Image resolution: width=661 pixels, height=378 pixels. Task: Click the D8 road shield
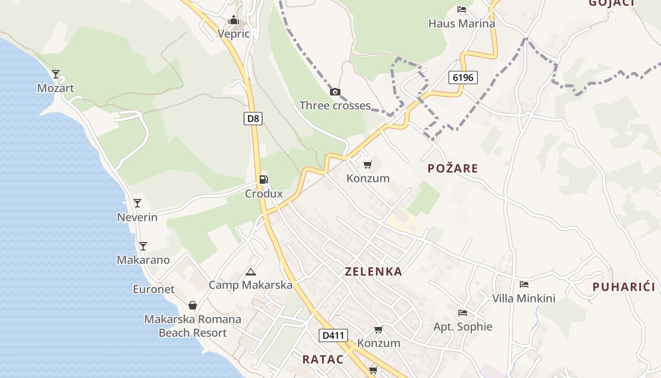(253, 119)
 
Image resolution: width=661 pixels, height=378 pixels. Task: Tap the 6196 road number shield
(462, 77)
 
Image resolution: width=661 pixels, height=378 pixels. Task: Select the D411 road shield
(333, 336)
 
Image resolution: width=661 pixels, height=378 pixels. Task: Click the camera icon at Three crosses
(335, 92)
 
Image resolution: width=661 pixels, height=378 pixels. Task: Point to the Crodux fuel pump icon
(263, 180)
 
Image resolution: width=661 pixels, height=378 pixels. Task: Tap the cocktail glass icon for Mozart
(56, 74)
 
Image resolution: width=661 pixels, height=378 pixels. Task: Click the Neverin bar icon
(137, 203)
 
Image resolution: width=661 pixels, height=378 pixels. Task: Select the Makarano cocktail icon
(143, 246)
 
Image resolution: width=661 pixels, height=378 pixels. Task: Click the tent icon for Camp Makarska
(251, 271)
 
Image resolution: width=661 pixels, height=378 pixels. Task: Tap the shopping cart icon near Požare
(367, 164)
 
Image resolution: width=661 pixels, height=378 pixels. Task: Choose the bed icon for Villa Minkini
(524, 284)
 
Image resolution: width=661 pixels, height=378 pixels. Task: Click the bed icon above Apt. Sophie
(463, 313)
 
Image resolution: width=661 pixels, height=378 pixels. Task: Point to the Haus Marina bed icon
(461, 9)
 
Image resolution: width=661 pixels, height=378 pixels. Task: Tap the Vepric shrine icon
(233, 20)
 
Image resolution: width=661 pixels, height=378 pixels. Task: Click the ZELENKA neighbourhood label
(373, 272)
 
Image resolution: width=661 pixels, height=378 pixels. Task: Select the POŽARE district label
(453, 169)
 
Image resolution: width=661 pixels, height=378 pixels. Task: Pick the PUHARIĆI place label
(624, 287)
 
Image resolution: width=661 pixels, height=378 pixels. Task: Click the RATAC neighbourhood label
(323, 359)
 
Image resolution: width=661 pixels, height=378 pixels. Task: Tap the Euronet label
(153, 289)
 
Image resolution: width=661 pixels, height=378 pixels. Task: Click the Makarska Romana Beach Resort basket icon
(192, 305)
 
